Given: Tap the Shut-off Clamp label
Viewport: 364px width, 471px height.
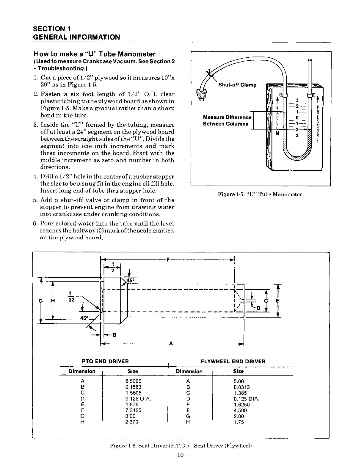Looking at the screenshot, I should point(237,85).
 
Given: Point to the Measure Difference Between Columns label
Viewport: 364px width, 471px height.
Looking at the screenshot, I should point(227,120).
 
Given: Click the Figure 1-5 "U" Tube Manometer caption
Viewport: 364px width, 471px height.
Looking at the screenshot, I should point(260,194).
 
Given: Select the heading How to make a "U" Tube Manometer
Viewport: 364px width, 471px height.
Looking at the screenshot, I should point(95,54).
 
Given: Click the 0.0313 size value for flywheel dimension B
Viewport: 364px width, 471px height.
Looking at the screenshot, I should point(241,387).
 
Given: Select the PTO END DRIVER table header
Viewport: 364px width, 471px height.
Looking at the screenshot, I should point(105,361).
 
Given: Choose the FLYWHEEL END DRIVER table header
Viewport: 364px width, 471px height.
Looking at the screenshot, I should point(233,362).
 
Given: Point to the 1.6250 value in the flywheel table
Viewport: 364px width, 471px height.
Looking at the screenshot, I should point(241,405).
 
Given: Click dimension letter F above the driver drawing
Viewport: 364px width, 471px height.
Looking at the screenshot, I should point(168,260).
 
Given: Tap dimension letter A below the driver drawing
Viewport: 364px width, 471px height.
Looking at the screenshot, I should point(171,344).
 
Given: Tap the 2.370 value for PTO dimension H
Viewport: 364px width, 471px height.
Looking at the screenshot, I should point(132,422).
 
